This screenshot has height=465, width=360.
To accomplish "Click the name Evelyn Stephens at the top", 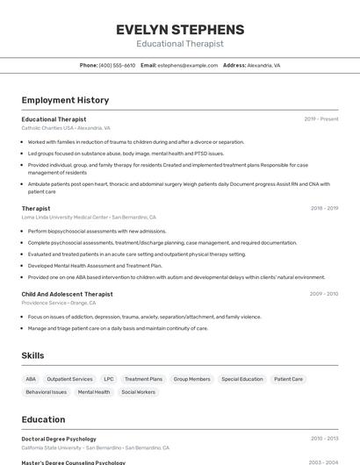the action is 180,29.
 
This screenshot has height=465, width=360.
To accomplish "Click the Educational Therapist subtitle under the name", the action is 180,44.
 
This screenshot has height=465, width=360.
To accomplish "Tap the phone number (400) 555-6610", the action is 117,65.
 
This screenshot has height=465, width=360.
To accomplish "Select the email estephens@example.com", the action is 187,65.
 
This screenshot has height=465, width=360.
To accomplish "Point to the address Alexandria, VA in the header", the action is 263,65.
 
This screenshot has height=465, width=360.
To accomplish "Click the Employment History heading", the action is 65,100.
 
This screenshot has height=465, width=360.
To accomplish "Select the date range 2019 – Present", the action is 321,118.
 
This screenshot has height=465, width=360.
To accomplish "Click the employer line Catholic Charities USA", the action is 66,128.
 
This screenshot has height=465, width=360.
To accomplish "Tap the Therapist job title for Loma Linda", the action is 36,208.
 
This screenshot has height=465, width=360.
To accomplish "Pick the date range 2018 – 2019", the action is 324,208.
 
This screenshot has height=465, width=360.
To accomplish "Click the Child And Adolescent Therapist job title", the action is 68,294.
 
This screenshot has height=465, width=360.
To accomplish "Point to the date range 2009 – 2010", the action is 324,294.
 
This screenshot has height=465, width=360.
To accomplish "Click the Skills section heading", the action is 33,355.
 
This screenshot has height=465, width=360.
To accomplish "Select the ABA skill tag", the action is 31,379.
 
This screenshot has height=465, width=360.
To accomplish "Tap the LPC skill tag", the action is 108,379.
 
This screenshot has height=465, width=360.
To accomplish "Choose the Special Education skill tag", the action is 242,379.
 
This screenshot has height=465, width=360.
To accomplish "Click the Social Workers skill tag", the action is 138,392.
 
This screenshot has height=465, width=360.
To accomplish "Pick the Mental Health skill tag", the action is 94,392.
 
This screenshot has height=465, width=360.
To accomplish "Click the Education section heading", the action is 43,419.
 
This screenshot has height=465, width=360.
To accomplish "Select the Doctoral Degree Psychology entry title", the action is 59,439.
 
